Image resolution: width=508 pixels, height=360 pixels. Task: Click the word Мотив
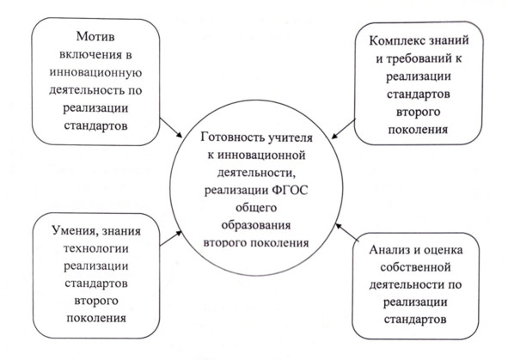click(x=95, y=37)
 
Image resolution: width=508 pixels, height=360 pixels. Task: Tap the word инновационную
click(x=95, y=72)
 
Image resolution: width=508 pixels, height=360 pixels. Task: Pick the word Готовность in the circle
click(x=232, y=137)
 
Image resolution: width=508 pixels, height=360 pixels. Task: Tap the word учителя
click(x=290, y=138)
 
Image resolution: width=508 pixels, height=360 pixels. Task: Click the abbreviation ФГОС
click(x=291, y=190)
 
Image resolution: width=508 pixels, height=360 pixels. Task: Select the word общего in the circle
click(x=256, y=208)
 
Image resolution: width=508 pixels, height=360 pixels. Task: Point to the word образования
click(x=256, y=225)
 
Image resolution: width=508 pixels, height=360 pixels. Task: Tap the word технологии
click(x=96, y=248)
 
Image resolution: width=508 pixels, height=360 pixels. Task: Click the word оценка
click(x=444, y=250)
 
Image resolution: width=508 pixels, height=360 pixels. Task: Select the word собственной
click(x=416, y=267)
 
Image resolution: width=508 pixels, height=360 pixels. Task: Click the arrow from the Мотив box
click(x=171, y=128)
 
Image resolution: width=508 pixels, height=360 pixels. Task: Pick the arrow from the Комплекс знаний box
click(x=344, y=129)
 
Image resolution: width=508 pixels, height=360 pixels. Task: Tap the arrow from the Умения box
click(x=171, y=238)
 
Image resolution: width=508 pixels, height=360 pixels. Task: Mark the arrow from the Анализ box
click(x=347, y=232)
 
